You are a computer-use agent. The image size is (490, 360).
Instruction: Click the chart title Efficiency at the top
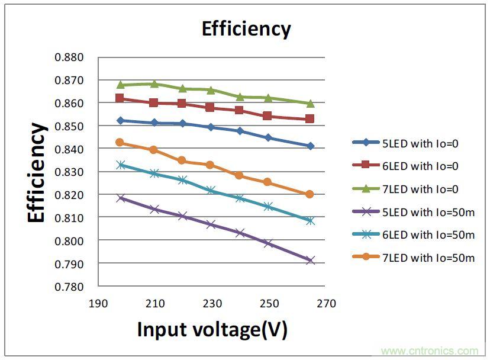[246, 29]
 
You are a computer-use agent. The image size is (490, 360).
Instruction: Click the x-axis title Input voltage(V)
[212, 329]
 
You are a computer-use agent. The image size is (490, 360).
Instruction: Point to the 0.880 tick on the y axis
[69, 57]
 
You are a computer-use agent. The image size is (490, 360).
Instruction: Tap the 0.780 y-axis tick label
[69, 287]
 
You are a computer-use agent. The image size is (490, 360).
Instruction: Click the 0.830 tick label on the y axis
[69, 172]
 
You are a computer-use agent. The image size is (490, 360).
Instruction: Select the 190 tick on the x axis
[98, 304]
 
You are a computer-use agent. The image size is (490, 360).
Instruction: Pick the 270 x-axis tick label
[326, 304]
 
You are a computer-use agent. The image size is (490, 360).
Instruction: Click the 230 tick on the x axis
[212, 304]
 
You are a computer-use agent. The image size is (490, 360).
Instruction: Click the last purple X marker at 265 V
[310, 260]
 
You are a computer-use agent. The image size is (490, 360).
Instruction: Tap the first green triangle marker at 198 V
[120, 85]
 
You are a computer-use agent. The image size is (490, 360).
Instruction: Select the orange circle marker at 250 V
[267, 182]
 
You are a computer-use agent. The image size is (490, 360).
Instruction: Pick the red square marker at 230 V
[210, 108]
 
